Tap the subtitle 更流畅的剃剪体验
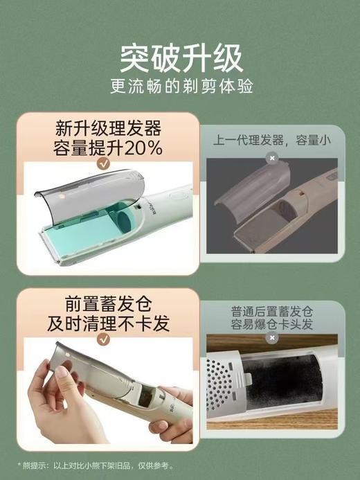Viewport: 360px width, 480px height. coord(181,89)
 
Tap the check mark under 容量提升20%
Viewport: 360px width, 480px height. coord(103,163)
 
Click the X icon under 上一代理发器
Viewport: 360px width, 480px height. coord(272,158)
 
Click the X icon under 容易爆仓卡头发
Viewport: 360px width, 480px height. coord(272,338)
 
